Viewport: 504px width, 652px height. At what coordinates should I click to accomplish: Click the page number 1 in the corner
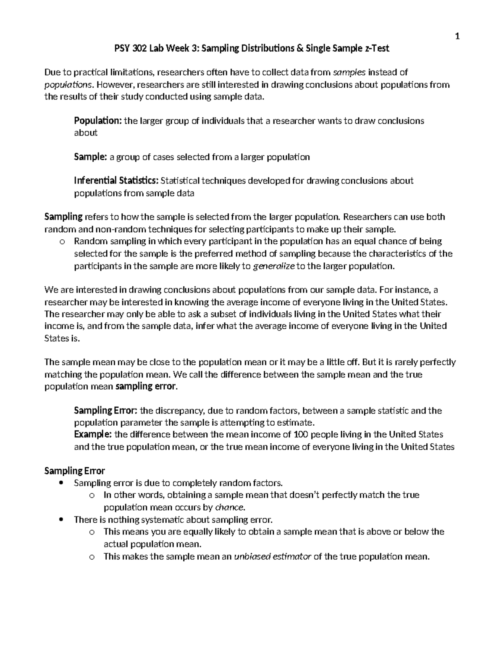(457, 37)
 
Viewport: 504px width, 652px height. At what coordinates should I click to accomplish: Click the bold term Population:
(98, 121)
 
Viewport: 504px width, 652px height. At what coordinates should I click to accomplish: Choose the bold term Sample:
(90, 157)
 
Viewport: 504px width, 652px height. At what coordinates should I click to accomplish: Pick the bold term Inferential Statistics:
(116, 181)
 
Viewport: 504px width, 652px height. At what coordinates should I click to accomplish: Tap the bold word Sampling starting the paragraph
(63, 217)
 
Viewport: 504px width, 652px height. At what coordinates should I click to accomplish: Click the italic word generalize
(275, 266)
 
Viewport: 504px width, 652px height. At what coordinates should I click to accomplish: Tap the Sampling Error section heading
(75, 471)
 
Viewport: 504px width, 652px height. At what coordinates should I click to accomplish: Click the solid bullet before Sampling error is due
(62, 483)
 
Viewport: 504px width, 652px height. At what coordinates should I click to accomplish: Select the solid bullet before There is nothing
(62, 519)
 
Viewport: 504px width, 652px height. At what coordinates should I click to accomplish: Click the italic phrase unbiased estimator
(272, 557)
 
